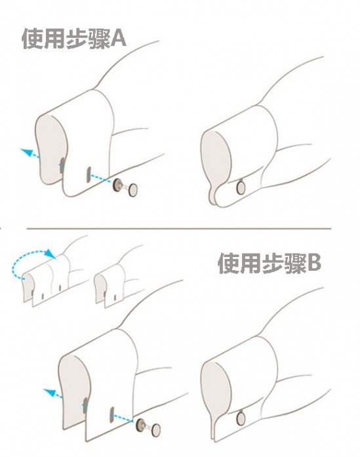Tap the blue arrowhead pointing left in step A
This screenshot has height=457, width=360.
coord(26,152)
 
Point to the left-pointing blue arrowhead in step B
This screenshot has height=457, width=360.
coord(48,392)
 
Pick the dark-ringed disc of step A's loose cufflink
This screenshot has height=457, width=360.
coord(118,186)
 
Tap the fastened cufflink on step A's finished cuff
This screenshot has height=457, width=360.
coord(240,188)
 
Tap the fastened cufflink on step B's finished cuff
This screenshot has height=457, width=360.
coord(241,417)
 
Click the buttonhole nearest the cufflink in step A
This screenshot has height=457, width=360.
coord(88,175)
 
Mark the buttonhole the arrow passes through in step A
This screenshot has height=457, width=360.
coord(62,165)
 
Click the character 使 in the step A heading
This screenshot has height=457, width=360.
coord(33,39)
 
